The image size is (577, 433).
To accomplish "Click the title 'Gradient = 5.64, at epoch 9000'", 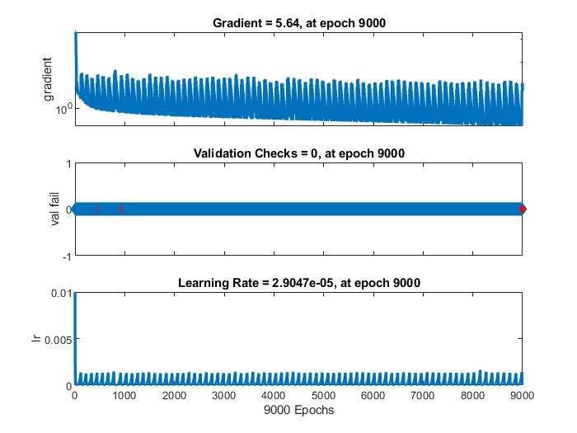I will (x=299, y=22).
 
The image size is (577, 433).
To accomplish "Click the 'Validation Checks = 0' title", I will (x=299, y=153).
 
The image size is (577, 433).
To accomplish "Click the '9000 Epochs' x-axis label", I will (x=299, y=410).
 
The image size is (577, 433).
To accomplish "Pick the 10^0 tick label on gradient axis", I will (x=63, y=108).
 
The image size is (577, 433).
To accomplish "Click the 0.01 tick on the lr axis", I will (x=59, y=293).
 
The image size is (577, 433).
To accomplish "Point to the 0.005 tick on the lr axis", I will (x=56, y=339).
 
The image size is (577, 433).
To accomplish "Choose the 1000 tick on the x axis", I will (x=124, y=396).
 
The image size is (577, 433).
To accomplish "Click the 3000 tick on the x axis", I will (x=224, y=396).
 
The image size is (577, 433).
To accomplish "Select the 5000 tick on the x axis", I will (x=324, y=396).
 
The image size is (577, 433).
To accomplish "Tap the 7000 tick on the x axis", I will (x=423, y=396).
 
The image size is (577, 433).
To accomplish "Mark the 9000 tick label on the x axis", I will (x=522, y=396).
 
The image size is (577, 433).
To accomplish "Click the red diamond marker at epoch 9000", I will (x=523, y=209).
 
